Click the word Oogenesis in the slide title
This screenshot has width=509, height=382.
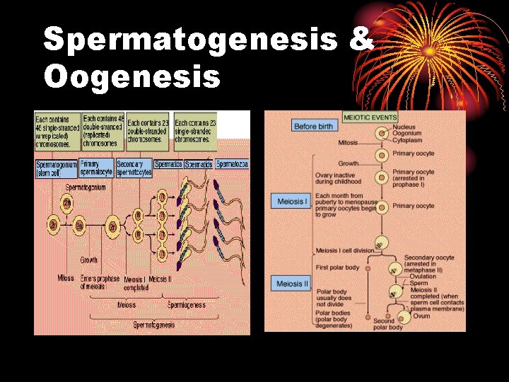(x=132, y=76)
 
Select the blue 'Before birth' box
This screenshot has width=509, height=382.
(x=313, y=126)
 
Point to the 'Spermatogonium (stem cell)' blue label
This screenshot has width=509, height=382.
(x=57, y=168)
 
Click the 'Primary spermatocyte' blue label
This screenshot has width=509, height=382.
(x=97, y=168)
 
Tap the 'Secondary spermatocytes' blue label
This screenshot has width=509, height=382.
(x=133, y=168)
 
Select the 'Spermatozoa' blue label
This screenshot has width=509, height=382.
(x=232, y=164)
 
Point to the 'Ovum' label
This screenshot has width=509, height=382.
(x=421, y=316)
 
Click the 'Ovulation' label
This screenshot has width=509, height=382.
(x=425, y=277)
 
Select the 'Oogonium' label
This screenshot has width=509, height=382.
(x=407, y=133)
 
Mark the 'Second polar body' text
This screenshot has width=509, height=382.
(x=388, y=323)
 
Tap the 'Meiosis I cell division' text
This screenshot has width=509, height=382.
(x=346, y=250)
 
